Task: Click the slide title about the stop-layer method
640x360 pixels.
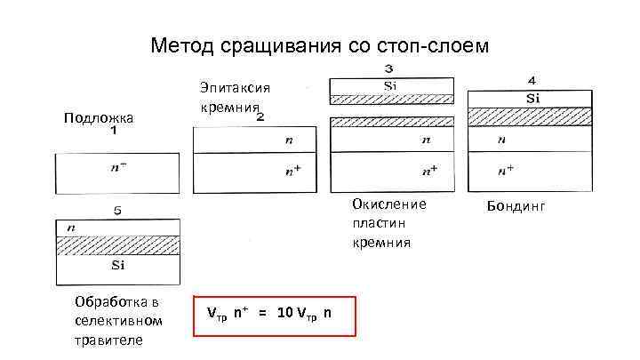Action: (320, 45)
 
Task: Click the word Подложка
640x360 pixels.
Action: (99, 118)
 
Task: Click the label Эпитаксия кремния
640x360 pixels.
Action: (234, 97)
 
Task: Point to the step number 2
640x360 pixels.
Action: (260, 116)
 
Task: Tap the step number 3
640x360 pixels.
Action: (390, 69)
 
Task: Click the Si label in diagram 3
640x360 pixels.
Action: (390, 85)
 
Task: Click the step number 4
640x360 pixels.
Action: (532, 80)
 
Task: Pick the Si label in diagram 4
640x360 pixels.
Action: (532, 98)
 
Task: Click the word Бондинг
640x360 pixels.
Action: (516, 206)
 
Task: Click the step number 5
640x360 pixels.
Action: (117, 212)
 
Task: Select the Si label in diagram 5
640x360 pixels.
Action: (117, 265)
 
